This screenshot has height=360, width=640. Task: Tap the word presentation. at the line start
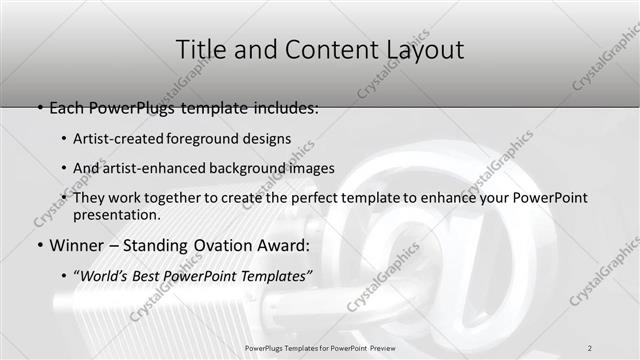coord(116,215)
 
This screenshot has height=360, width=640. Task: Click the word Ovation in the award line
coord(229,246)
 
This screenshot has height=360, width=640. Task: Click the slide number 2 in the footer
coord(590,347)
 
